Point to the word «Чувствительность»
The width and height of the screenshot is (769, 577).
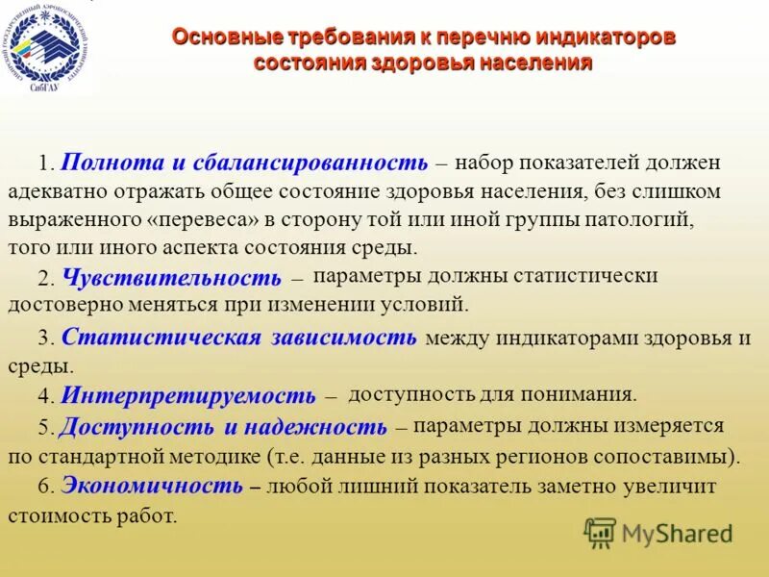[x=171, y=278]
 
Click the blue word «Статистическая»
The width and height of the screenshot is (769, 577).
[x=161, y=337]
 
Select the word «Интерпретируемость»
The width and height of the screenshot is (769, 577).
[x=187, y=395]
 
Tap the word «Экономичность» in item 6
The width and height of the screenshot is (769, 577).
[x=151, y=486]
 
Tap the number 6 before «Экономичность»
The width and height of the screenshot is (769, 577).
[x=44, y=487]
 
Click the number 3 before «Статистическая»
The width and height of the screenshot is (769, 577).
[x=44, y=338]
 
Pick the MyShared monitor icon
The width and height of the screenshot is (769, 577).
[x=601, y=533]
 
